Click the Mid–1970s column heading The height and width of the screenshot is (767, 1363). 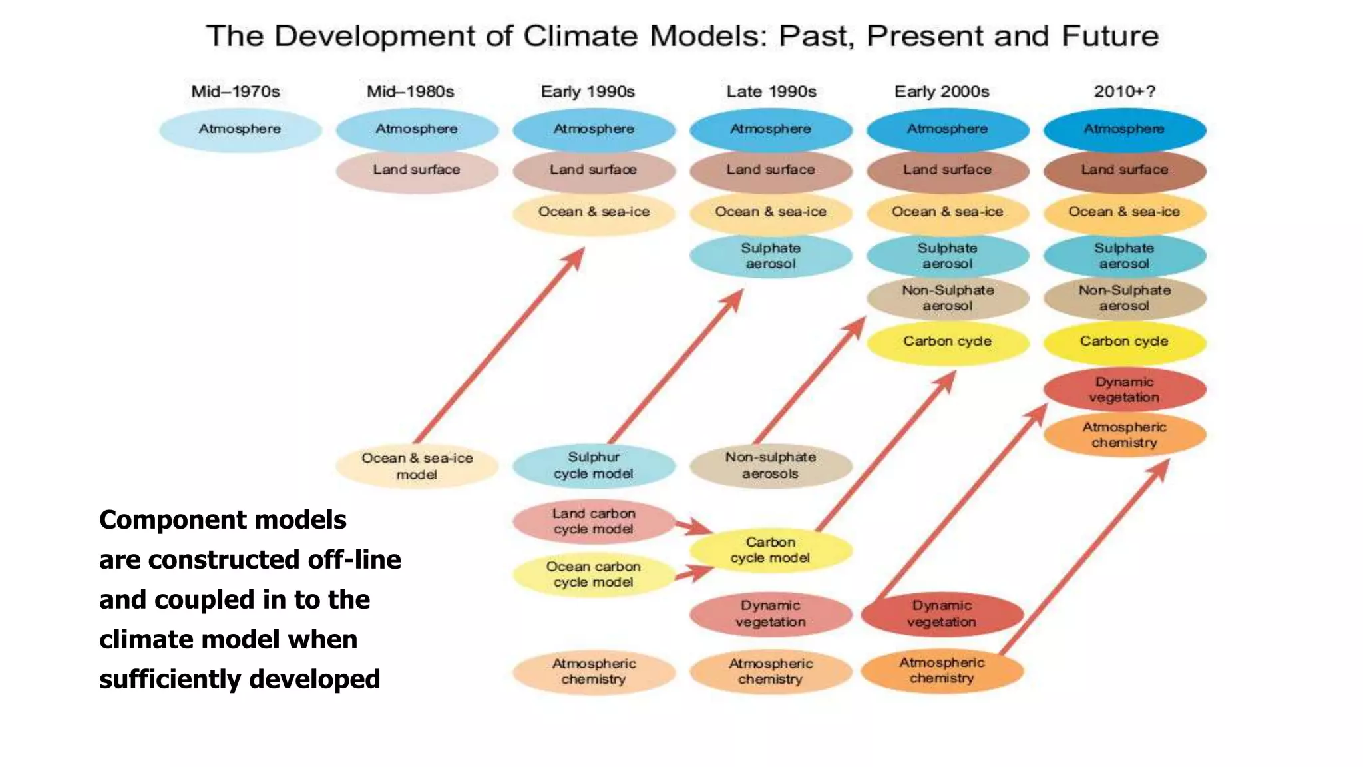click(x=236, y=91)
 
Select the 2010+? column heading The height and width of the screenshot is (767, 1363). click(x=1124, y=91)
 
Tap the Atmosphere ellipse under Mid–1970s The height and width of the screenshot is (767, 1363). click(x=240, y=129)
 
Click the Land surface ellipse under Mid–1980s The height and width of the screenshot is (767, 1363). click(x=417, y=170)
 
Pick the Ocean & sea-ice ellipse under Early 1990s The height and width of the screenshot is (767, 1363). click(x=594, y=212)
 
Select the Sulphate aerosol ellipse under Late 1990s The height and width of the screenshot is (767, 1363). click(x=771, y=256)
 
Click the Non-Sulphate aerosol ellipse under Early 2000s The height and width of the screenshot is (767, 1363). click(x=948, y=298)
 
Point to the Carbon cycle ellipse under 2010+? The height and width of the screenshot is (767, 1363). click(x=1124, y=342)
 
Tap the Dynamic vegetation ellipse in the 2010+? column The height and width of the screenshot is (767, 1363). click(x=1124, y=389)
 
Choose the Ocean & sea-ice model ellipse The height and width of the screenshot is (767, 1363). click(x=417, y=466)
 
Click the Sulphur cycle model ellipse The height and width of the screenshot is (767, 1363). click(x=594, y=465)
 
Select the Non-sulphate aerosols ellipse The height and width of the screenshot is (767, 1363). click(x=771, y=465)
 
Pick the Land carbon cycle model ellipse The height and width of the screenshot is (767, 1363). click(x=594, y=521)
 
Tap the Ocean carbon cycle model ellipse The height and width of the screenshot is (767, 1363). click(x=594, y=574)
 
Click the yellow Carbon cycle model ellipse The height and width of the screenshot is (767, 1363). click(x=771, y=550)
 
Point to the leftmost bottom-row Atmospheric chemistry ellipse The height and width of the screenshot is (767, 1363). click(x=594, y=672)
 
